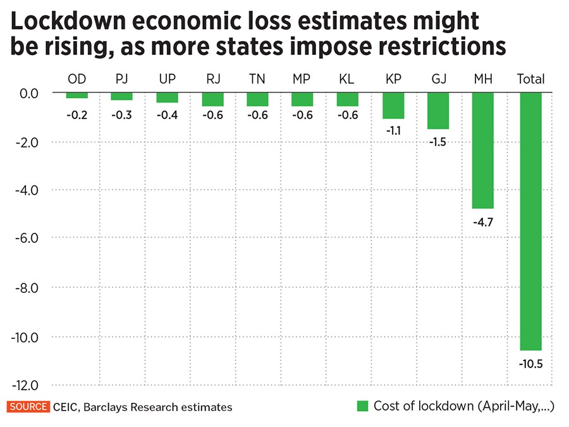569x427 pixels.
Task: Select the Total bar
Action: point(530,221)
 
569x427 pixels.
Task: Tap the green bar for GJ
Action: point(438,111)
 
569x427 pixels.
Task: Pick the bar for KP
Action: point(393,106)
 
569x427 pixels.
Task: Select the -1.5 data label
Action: point(438,142)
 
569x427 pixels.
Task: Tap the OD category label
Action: point(77,79)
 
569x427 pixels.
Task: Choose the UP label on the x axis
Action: point(168,79)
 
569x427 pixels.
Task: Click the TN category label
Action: point(257,79)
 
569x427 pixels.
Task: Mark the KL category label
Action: point(347,79)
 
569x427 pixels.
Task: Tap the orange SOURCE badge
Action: point(28,407)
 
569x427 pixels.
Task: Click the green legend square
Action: point(362,406)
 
